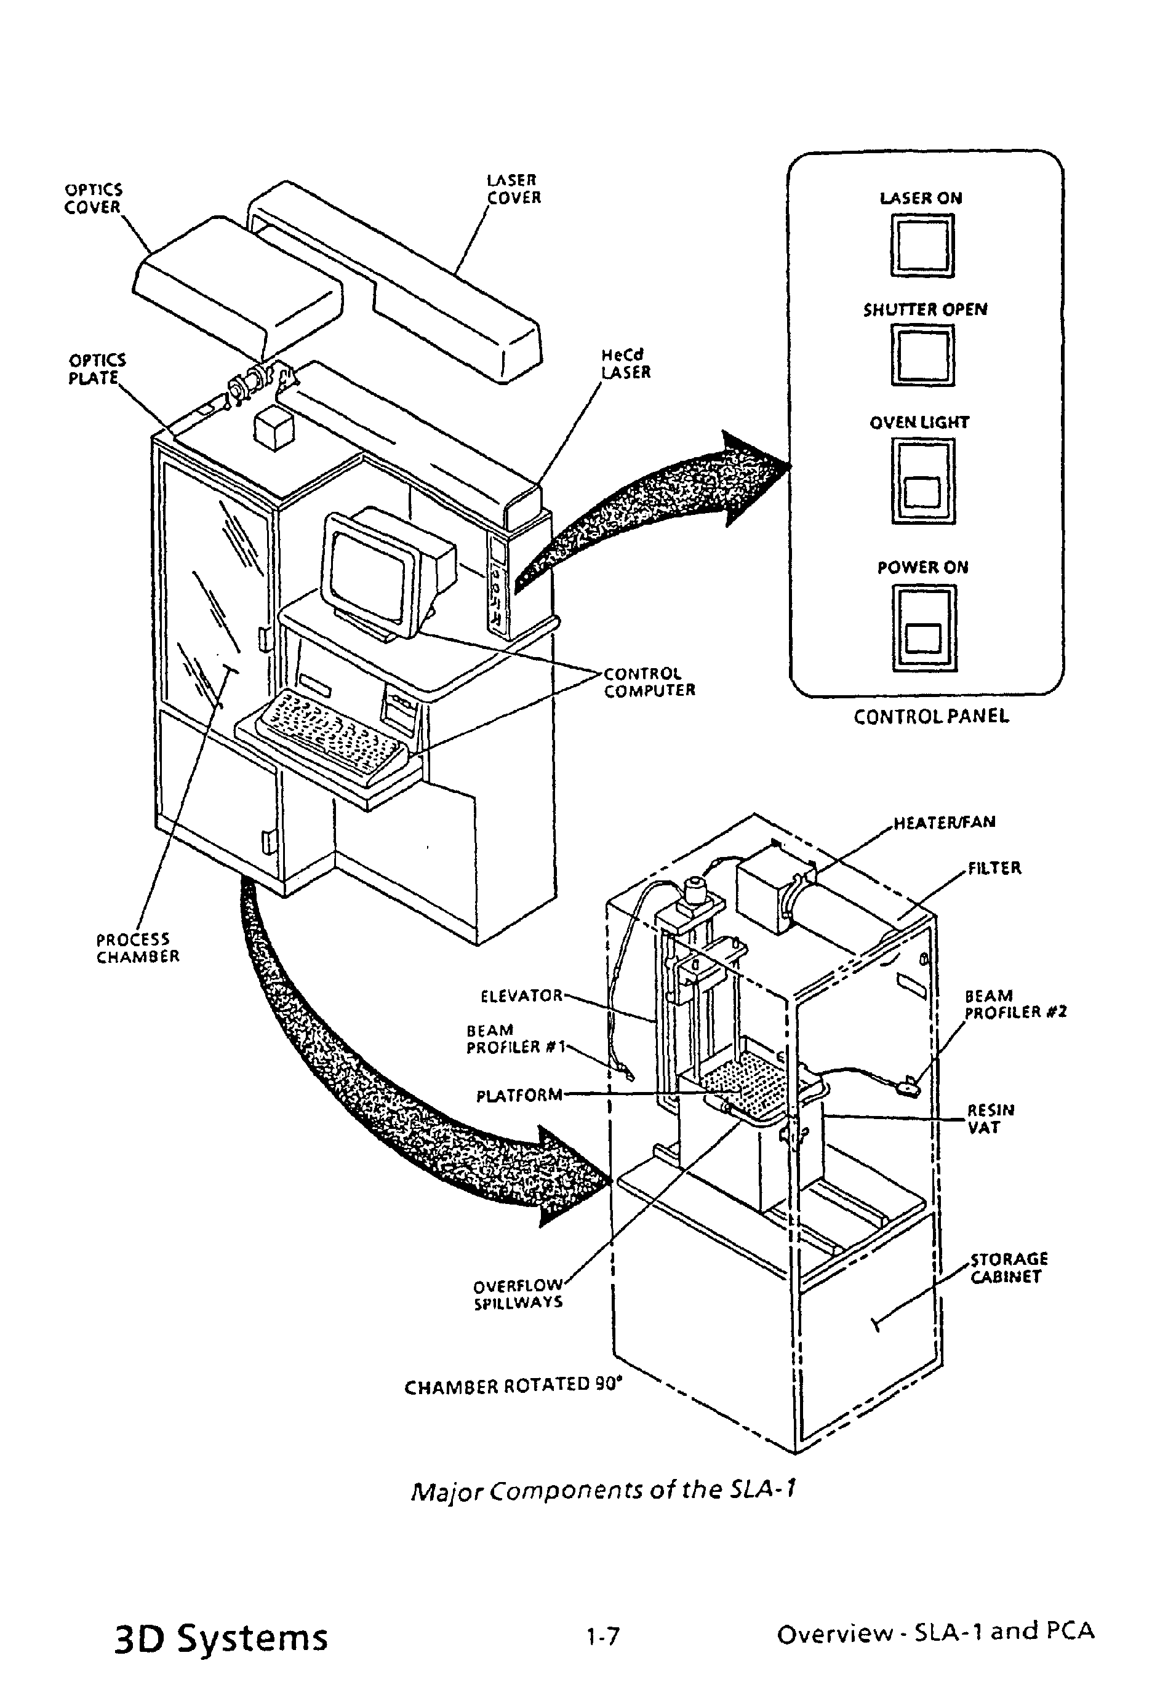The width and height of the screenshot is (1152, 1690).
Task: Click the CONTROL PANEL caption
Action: pyautogui.click(x=931, y=717)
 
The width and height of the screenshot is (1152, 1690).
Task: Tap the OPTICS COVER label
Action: pyautogui.click(x=93, y=199)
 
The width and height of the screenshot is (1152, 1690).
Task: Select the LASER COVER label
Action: pyautogui.click(x=513, y=189)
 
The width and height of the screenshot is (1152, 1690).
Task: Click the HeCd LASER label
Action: pyautogui.click(x=625, y=364)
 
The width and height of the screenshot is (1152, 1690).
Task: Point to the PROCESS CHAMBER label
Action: pyautogui.click(x=137, y=948)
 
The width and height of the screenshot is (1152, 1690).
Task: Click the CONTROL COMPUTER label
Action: pyautogui.click(x=649, y=682)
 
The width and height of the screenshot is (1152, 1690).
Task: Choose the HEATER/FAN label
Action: pyautogui.click(x=944, y=823)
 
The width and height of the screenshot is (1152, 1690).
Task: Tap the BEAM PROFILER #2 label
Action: pyautogui.click(x=1015, y=1004)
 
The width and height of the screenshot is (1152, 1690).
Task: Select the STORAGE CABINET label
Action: pyautogui.click(x=1009, y=1268)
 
